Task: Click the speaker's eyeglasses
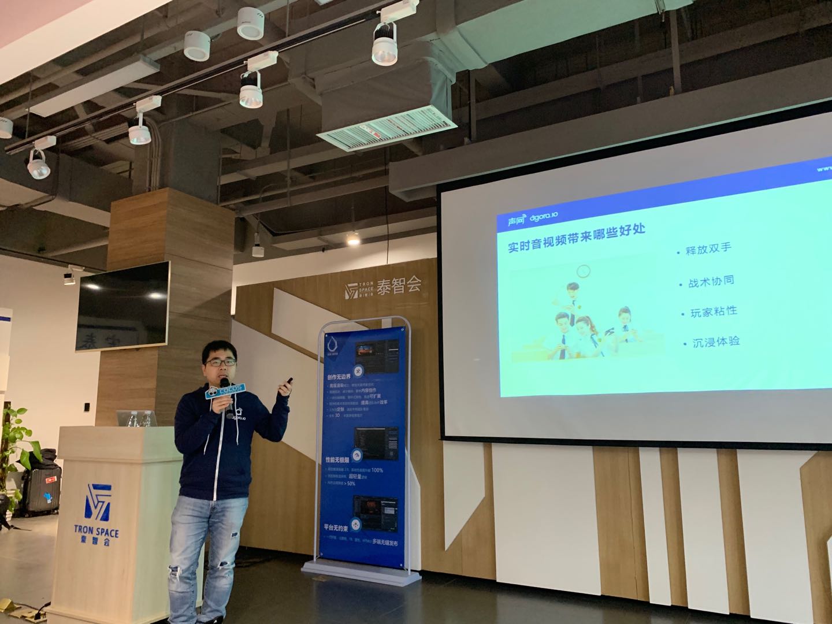(220, 362)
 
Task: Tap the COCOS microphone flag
(225, 391)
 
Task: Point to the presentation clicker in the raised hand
(288, 383)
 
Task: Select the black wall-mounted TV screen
(123, 306)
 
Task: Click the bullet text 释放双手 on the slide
(708, 250)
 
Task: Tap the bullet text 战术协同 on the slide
(711, 281)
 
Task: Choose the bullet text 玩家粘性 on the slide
(714, 312)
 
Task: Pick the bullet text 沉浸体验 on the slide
(716, 342)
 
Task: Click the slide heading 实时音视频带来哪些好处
(576, 237)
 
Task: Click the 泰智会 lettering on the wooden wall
(399, 285)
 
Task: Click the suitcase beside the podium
(41, 489)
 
